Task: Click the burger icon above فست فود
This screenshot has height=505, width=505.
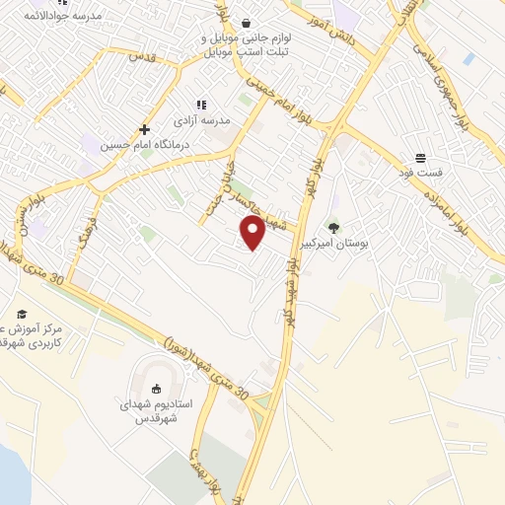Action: tap(420, 158)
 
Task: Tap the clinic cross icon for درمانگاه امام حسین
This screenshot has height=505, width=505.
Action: tap(144, 129)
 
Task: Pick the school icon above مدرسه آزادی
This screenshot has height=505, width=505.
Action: tap(201, 104)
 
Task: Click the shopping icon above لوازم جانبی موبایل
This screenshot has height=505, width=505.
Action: tap(245, 22)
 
